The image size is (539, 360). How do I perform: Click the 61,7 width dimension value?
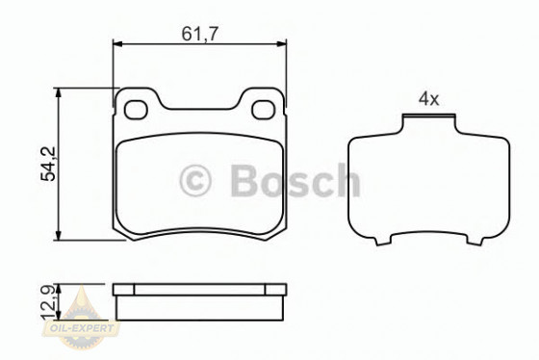[x=200, y=33]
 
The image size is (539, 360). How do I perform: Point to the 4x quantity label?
[x=428, y=99]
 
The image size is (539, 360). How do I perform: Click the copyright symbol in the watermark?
[x=196, y=180]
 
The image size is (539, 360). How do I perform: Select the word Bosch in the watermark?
[x=295, y=180]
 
